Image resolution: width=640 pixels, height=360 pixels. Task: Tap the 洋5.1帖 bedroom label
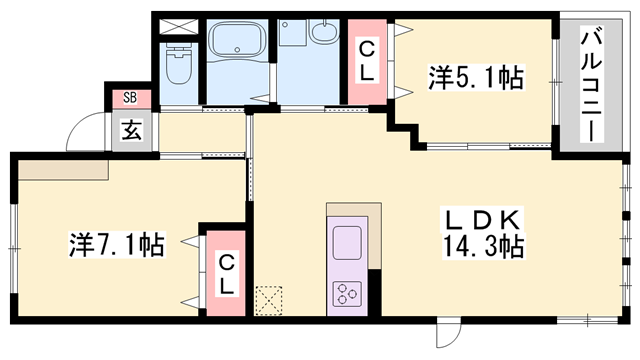click(x=476, y=77)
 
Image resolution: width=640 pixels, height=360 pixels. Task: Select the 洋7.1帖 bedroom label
click(x=117, y=244)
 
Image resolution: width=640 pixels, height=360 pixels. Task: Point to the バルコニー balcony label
click(x=591, y=83)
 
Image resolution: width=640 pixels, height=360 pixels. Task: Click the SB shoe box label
click(x=130, y=98)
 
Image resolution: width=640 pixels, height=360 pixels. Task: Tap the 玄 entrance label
click(x=132, y=131)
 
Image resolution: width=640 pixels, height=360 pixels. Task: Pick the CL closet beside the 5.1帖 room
click(x=367, y=61)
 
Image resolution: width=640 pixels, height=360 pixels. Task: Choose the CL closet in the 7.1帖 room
click(x=226, y=273)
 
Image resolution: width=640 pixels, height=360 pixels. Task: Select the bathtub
click(x=237, y=39)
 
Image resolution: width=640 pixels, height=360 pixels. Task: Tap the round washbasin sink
click(x=324, y=30)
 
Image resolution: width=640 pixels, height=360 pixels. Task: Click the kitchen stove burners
click(x=347, y=294)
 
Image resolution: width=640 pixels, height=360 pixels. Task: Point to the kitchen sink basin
click(x=347, y=242)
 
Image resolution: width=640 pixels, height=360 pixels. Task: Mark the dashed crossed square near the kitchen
click(x=269, y=301)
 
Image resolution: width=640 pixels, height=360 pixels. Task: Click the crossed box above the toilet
click(x=178, y=27)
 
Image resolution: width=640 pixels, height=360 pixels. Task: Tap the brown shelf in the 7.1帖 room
click(x=63, y=169)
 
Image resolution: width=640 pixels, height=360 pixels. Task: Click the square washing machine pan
click(x=293, y=33)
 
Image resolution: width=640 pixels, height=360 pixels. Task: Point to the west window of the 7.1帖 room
click(x=14, y=248)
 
